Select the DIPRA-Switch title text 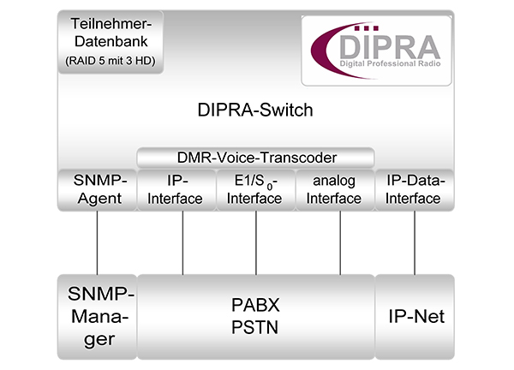tap(255, 110)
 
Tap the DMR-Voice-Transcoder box tap(255, 157)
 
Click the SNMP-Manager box tap(97, 316)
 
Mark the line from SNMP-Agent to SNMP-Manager tap(97, 242)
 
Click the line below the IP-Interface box tap(182, 242)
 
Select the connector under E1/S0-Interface tap(256, 242)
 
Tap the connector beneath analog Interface tap(340, 242)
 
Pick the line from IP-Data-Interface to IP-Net tap(415, 242)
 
